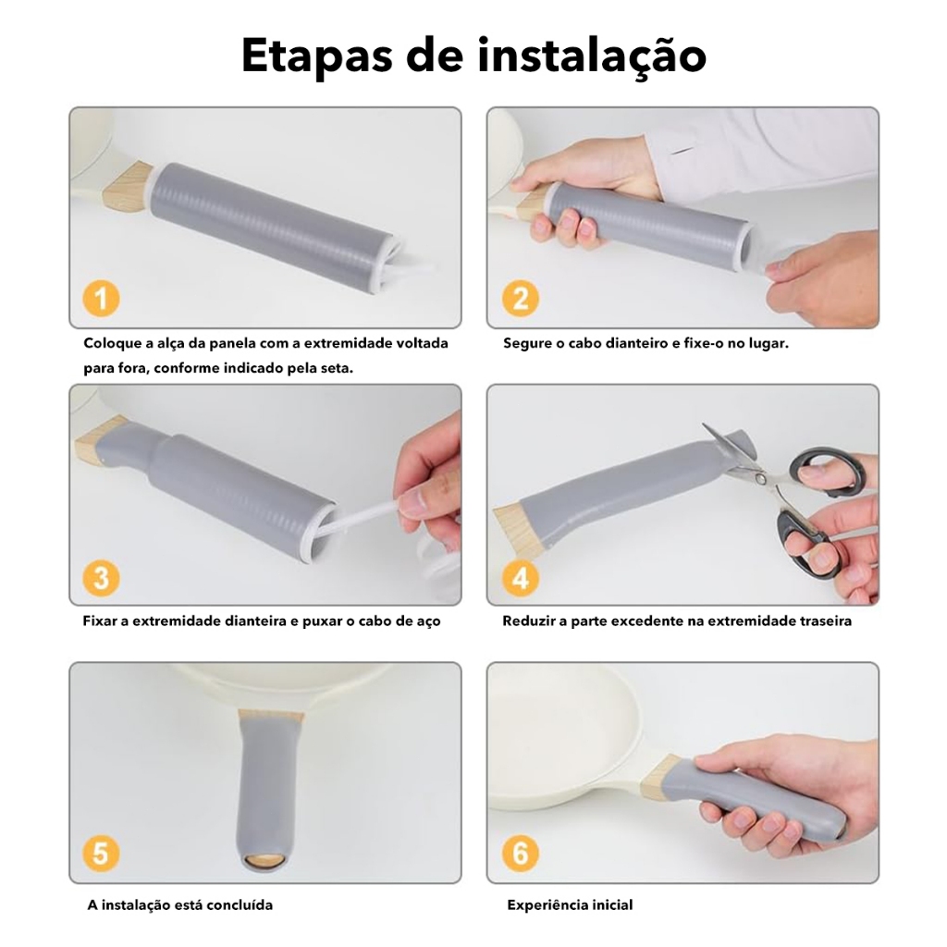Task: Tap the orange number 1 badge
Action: [101, 299]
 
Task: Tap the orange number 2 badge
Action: [520, 299]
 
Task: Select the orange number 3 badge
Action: [101, 578]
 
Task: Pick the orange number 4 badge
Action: [520, 578]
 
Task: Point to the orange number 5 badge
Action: [101, 854]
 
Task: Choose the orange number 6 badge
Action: [520, 854]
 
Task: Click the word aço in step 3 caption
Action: [427, 621]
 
